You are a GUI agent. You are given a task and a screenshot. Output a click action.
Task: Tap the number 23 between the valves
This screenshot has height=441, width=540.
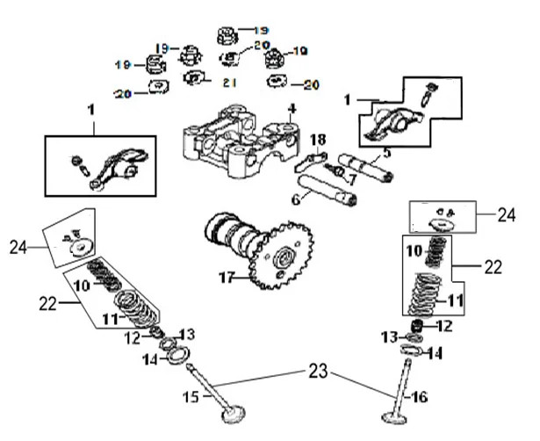[x=318, y=371]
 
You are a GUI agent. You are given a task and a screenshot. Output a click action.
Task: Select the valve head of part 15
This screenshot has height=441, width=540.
[x=234, y=414]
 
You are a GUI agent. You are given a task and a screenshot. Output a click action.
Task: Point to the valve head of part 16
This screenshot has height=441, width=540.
[x=394, y=417]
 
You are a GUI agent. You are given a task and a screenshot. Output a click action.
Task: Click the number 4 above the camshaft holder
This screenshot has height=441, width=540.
[x=292, y=109]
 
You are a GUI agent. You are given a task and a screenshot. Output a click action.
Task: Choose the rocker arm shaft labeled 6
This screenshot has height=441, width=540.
[x=328, y=190]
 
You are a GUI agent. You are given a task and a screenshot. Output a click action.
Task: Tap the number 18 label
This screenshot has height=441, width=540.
[x=318, y=140]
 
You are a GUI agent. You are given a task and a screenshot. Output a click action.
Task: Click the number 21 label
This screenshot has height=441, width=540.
[x=230, y=83]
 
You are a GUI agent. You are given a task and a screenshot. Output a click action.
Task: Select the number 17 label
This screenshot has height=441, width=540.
[x=227, y=278]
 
